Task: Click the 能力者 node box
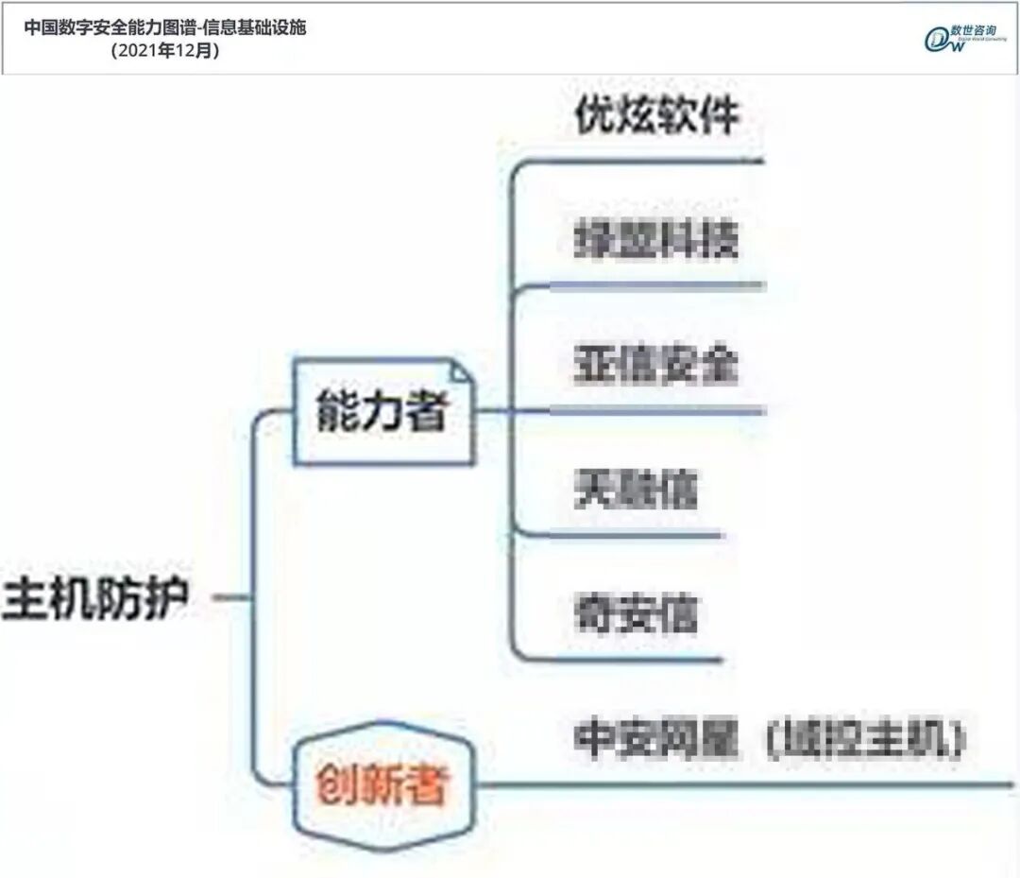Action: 382,411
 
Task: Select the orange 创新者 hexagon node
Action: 382,783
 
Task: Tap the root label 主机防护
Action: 97,597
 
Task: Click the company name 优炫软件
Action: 657,117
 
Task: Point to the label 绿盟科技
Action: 655,241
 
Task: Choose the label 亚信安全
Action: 655,364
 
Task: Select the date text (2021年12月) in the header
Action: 165,51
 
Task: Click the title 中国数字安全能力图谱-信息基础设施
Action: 165,27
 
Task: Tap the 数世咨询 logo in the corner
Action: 958,38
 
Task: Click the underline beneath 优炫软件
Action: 642,162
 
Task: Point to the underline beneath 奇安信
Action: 623,660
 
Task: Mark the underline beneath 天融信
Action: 623,536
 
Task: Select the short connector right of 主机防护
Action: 230,597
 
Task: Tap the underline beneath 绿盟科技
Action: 642,285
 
